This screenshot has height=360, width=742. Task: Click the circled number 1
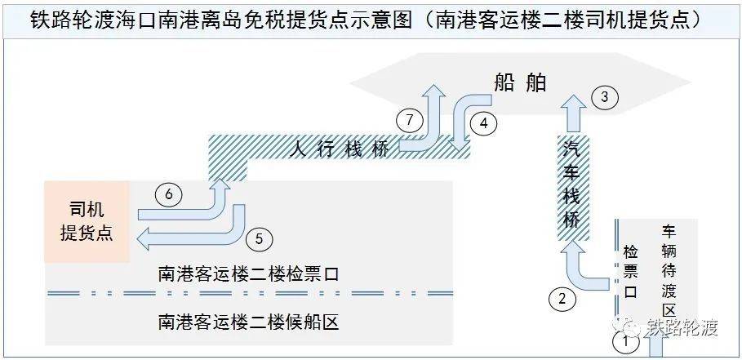click(x=625, y=341)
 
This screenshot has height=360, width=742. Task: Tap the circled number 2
click(x=562, y=299)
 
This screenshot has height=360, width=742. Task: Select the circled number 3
click(x=603, y=97)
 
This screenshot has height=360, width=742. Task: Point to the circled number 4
click(x=483, y=124)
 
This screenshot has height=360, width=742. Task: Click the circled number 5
click(x=259, y=239)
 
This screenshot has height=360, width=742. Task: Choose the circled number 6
click(x=169, y=194)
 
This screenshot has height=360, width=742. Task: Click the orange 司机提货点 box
click(x=87, y=221)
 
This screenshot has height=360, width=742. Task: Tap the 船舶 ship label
click(x=520, y=82)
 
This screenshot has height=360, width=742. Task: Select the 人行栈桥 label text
click(x=339, y=150)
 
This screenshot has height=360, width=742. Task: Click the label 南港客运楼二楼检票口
click(x=249, y=274)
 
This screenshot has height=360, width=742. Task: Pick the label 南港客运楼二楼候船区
click(x=249, y=322)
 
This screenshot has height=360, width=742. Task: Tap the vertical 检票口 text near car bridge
click(x=631, y=271)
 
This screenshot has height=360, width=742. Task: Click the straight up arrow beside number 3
click(x=575, y=113)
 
